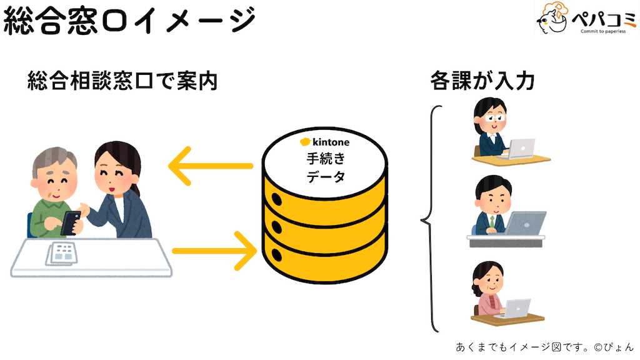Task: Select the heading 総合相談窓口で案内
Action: tap(122, 81)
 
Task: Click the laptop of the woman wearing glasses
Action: tap(519, 149)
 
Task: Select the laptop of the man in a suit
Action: tap(525, 222)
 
